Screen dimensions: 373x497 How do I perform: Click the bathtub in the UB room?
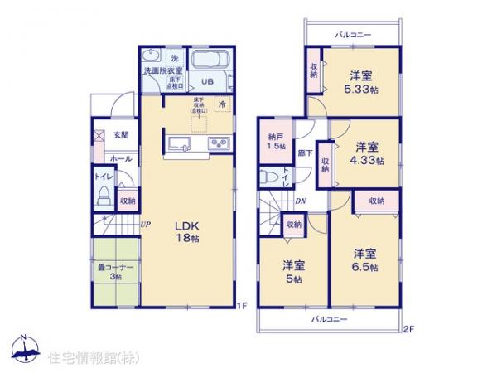[210, 61]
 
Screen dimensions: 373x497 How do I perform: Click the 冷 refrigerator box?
[221, 104]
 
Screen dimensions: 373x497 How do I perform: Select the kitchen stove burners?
[221, 143]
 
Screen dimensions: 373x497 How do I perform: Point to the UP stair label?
[145, 224]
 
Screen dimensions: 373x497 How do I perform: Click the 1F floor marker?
[243, 306]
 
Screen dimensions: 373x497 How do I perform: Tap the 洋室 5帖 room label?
[292, 271]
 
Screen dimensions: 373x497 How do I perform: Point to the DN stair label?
[302, 200]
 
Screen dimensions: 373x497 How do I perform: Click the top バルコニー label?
[352, 36]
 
